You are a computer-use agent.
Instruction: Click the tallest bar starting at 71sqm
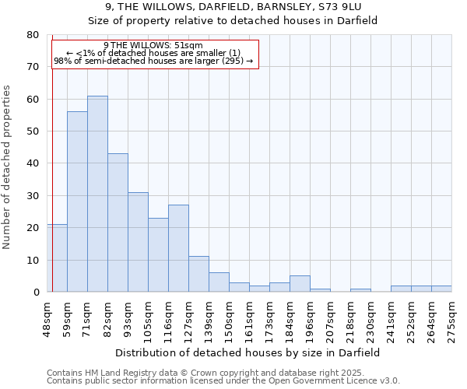[97, 194]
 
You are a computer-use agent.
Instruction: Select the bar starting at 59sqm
[77, 202]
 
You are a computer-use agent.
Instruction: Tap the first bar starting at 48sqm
[57, 258]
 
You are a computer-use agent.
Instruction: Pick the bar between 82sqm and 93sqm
[118, 223]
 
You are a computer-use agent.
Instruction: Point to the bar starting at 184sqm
[300, 284]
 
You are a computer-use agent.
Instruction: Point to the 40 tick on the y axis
[32, 163]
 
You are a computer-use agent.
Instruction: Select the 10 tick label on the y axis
[32, 260]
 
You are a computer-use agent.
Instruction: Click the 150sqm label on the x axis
[229, 318]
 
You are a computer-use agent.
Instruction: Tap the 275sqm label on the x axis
[451, 318]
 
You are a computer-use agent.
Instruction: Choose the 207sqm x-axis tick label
[330, 318]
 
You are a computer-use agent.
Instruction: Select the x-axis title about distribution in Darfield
[249, 352]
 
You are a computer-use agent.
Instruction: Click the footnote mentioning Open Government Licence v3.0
[223, 380]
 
